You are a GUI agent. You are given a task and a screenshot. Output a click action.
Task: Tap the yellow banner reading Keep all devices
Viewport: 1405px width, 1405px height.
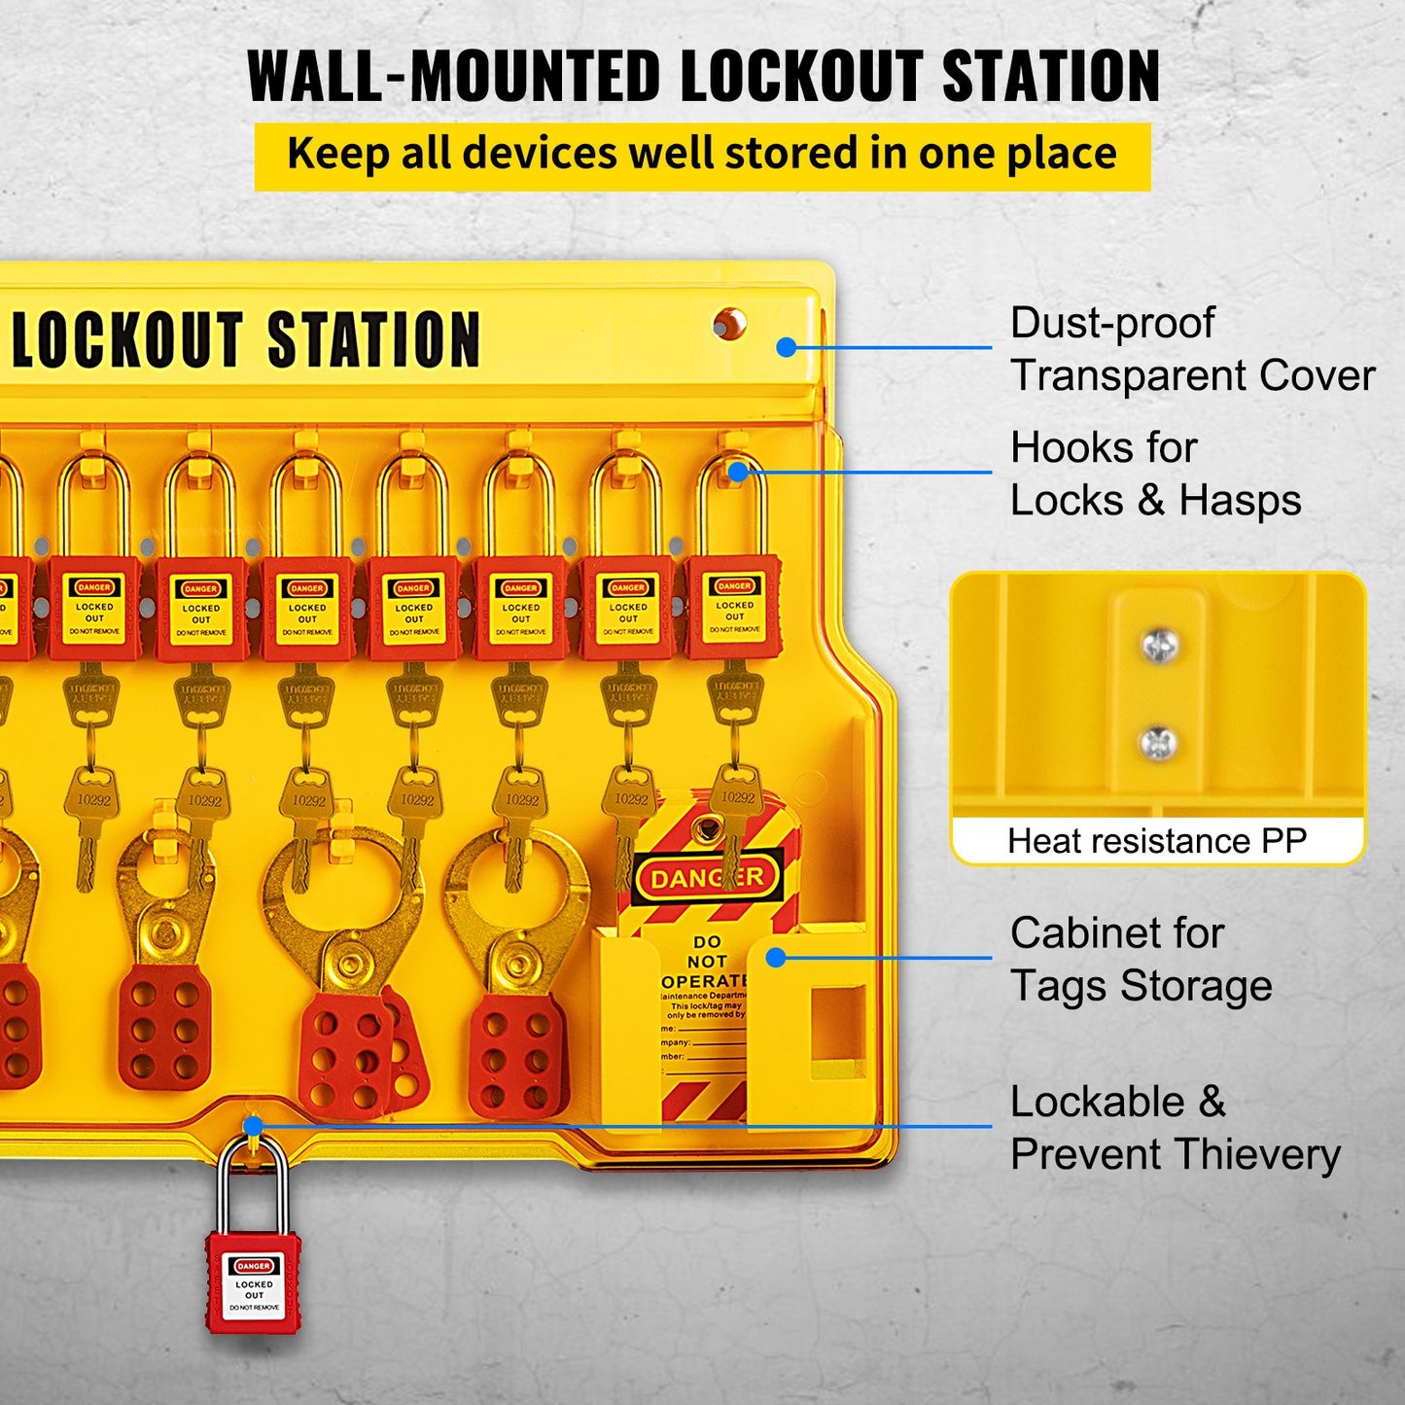click(x=702, y=156)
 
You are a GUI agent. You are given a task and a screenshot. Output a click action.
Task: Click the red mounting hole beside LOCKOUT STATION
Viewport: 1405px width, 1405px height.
click(x=728, y=324)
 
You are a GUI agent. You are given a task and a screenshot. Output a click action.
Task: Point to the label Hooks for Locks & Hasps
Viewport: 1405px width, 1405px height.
click(x=1155, y=474)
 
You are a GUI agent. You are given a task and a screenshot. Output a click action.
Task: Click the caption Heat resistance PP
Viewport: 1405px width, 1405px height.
click(x=1157, y=841)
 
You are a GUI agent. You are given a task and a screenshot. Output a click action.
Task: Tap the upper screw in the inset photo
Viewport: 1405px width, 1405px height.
click(x=1159, y=646)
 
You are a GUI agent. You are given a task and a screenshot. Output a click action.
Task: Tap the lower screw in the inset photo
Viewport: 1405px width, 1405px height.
click(x=1158, y=744)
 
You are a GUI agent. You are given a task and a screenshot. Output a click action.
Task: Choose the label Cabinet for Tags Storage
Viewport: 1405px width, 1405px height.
click(x=1141, y=959)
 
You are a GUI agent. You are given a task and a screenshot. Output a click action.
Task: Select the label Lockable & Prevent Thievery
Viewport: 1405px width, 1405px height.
click(x=1175, y=1128)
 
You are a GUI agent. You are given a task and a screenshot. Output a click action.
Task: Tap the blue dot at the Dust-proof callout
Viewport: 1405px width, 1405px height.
click(x=787, y=347)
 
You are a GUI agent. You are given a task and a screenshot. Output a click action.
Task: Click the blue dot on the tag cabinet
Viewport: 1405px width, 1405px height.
click(x=776, y=958)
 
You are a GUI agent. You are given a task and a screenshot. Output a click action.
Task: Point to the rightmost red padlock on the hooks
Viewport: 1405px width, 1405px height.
click(x=733, y=608)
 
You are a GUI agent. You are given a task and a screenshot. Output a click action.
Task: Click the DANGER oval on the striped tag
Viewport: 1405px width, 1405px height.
click(x=708, y=878)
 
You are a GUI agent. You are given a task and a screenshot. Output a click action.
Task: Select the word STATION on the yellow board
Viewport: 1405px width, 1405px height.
click(x=373, y=340)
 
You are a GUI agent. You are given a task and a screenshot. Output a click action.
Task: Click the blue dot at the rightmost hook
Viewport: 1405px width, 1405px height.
click(x=738, y=472)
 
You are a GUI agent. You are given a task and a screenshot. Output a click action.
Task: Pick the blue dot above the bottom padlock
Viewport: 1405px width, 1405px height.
click(x=253, y=1127)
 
